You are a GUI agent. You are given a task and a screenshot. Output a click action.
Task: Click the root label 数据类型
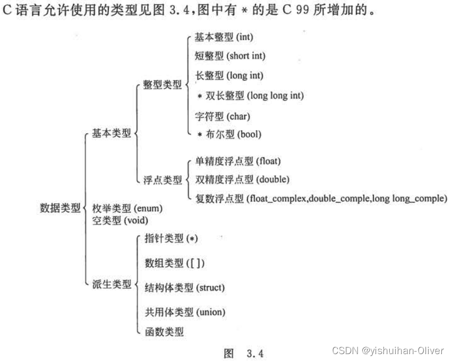click(x=60, y=208)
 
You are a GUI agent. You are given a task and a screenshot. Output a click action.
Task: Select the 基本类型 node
click(x=111, y=134)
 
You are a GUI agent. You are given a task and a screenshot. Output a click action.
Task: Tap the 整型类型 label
click(x=162, y=85)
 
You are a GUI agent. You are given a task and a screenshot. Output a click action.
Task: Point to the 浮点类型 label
click(x=162, y=180)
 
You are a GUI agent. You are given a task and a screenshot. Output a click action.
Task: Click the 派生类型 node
click(x=111, y=284)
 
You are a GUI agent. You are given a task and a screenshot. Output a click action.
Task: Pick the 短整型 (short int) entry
click(x=230, y=55)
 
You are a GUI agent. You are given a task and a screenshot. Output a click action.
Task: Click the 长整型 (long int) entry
click(x=229, y=75)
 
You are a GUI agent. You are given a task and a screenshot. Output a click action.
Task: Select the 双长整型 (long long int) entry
click(x=250, y=96)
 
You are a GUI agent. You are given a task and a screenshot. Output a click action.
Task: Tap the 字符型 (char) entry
click(x=222, y=115)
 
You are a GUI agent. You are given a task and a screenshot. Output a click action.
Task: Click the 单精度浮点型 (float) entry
click(x=238, y=161)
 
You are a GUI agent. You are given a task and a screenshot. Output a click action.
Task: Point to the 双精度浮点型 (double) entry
click(x=242, y=179)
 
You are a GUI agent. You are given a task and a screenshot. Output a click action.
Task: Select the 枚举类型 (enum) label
click(x=127, y=208)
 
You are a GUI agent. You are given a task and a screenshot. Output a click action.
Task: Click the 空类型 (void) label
click(x=120, y=219)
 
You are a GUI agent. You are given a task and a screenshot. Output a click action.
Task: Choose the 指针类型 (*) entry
click(x=171, y=238)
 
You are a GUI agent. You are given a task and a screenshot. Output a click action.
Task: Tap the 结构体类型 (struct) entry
click(x=184, y=288)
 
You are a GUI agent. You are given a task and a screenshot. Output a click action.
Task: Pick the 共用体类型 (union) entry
click(x=185, y=312)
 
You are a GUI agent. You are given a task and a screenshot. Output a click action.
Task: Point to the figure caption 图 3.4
click(x=244, y=353)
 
